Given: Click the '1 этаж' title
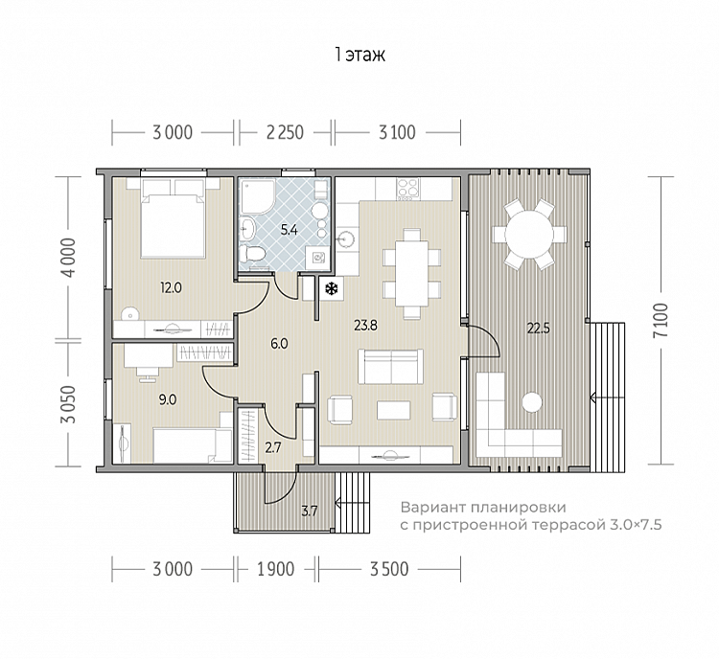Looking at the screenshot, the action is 359,55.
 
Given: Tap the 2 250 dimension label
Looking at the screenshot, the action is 285,132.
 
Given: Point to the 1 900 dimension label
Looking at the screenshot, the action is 275,569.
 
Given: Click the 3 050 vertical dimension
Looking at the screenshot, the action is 69,403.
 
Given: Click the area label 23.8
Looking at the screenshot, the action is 365,326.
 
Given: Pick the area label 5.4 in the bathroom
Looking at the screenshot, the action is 289,230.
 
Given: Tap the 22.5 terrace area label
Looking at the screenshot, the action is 538,329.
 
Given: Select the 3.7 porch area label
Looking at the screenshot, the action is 310,511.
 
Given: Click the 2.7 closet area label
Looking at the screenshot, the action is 273,447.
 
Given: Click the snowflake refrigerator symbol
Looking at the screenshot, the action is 331,288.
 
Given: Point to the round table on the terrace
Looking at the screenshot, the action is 528,234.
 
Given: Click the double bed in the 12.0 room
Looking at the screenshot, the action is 173,217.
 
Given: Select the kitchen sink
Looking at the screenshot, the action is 346,239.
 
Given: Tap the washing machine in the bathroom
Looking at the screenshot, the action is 317,259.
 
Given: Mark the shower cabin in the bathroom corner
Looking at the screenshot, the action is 257,196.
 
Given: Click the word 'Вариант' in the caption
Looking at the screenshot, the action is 428,508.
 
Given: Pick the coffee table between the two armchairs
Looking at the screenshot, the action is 394,410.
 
